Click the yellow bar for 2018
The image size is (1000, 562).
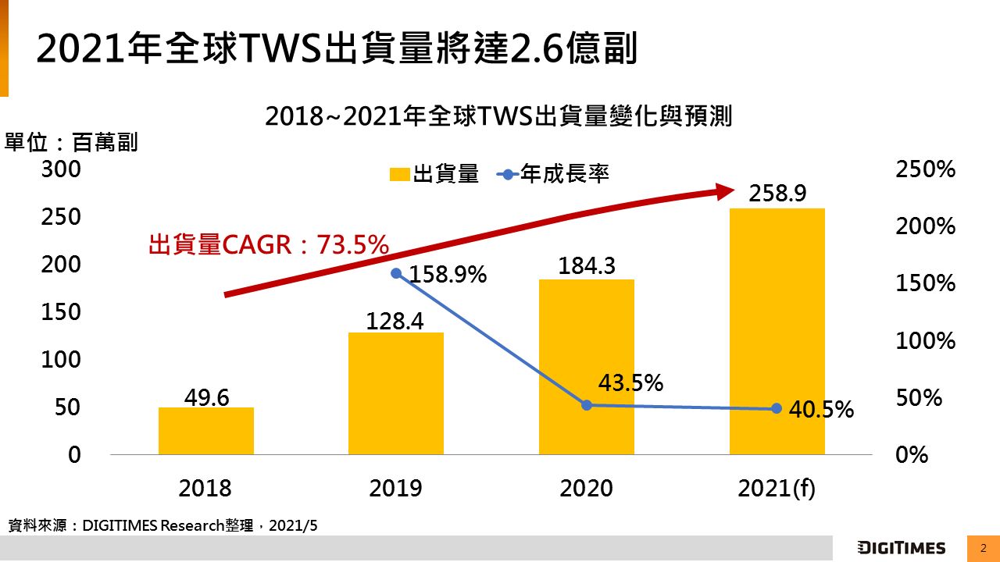(x=206, y=431)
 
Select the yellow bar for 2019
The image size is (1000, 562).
(x=396, y=393)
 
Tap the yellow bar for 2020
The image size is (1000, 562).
(x=587, y=367)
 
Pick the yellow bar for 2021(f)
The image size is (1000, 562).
(x=777, y=331)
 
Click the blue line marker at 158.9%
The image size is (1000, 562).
(x=396, y=273)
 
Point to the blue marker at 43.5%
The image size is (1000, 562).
(x=587, y=405)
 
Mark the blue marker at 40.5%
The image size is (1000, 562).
(x=777, y=408)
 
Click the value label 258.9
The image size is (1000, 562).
(x=777, y=194)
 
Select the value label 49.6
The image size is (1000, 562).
(x=206, y=397)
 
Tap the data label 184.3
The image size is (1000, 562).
(x=587, y=267)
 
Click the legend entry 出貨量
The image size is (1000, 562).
(x=434, y=174)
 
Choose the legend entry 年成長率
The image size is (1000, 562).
(x=554, y=174)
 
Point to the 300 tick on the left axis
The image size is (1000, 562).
(x=61, y=169)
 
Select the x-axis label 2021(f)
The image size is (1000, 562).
(x=777, y=489)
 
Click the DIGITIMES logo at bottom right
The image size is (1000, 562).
(x=901, y=548)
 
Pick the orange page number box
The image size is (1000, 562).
(x=983, y=548)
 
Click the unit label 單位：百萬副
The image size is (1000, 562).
(x=72, y=143)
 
